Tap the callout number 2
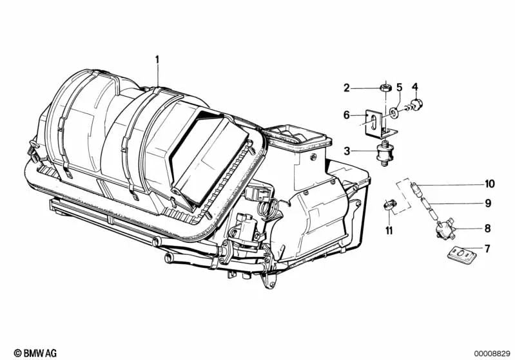coord(346,88)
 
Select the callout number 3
coord(346,151)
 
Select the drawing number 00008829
coord(491,352)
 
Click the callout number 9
coord(487,204)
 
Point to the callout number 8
coord(487,228)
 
